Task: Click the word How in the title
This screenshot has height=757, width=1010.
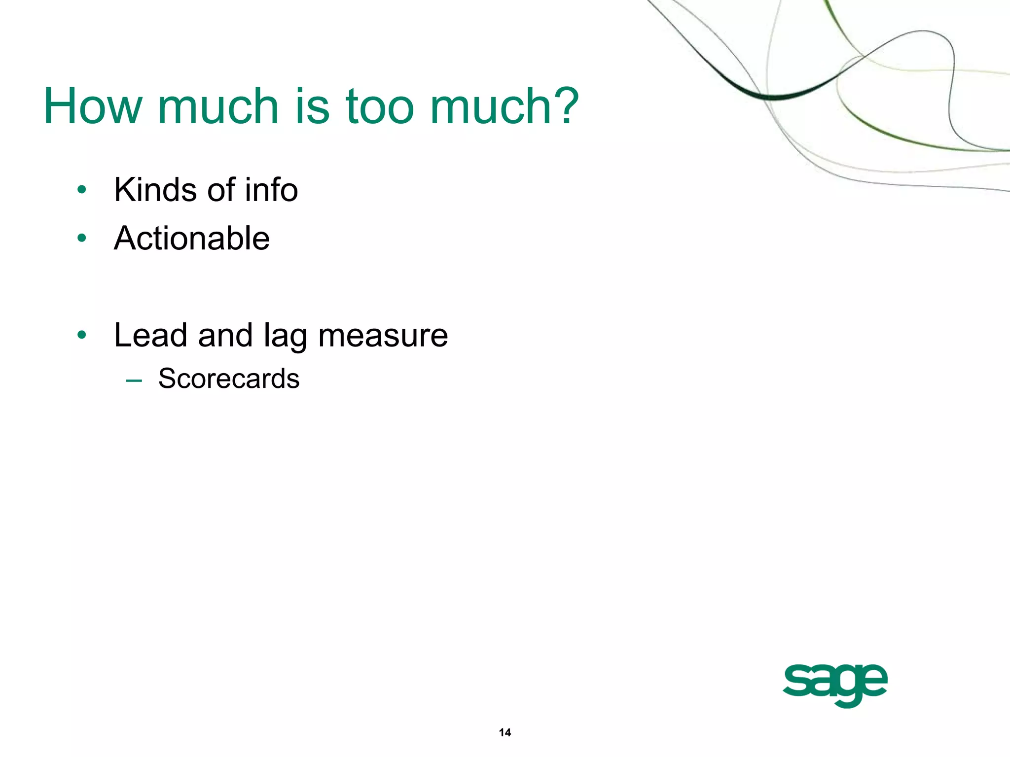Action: coord(93,106)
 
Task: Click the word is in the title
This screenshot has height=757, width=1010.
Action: coord(312,106)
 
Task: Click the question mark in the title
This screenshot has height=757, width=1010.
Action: coord(564,106)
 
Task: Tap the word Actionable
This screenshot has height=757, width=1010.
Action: coord(192,239)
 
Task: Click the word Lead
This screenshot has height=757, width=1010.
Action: coord(151,335)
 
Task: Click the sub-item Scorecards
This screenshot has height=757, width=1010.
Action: coord(229,378)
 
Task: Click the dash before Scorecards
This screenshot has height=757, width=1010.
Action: coord(134,380)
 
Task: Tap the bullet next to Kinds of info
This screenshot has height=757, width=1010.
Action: coord(82,190)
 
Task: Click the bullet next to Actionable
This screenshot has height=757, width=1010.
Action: coord(82,239)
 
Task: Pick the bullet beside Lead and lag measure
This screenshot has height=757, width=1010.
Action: coord(82,336)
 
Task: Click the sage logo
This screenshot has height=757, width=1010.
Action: coord(835,684)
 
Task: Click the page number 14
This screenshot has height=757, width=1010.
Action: coord(505,732)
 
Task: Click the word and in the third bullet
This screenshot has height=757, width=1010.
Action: coord(225,335)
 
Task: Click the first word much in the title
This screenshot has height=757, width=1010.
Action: coord(218,106)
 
